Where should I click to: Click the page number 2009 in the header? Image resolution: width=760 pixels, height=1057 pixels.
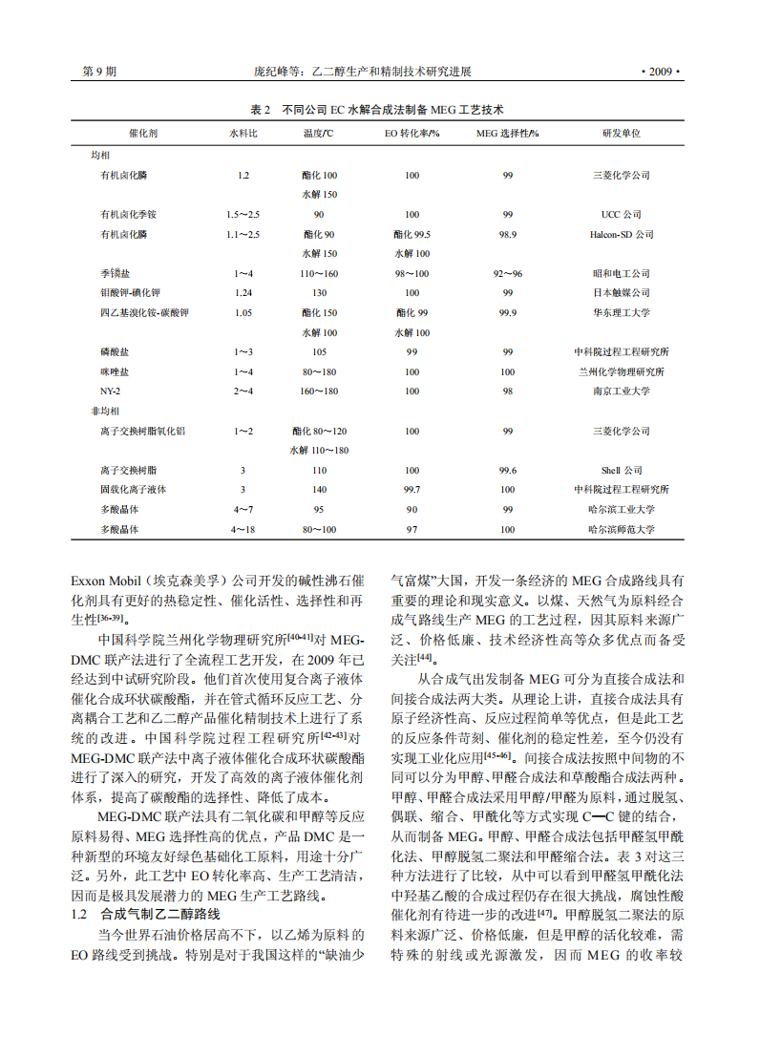[x=659, y=72]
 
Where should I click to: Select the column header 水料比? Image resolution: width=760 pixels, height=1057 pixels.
[x=243, y=133]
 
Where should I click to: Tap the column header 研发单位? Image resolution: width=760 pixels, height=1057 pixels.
[x=621, y=133]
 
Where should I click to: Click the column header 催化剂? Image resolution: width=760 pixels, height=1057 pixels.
[x=142, y=133]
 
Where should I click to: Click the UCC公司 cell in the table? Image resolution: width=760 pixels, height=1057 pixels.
[x=621, y=215]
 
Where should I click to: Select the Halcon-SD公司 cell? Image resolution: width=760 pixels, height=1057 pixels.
[x=621, y=234]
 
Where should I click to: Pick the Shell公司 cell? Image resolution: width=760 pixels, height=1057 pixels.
[x=621, y=471]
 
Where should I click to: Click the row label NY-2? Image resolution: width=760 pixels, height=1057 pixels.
[x=111, y=391]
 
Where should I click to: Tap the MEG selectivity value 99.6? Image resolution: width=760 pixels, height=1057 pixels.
[x=507, y=471]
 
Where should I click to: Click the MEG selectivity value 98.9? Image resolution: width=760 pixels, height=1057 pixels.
[x=507, y=234]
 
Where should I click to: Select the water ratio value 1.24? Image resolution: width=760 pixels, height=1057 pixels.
[x=243, y=293]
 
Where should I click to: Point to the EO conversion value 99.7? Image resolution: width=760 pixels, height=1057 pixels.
[x=412, y=490]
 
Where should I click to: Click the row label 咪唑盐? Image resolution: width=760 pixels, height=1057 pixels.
[x=115, y=371]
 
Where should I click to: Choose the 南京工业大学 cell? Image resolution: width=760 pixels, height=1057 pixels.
[x=621, y=391]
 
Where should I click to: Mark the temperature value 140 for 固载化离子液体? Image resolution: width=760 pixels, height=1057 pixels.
[x=319, y=490]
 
